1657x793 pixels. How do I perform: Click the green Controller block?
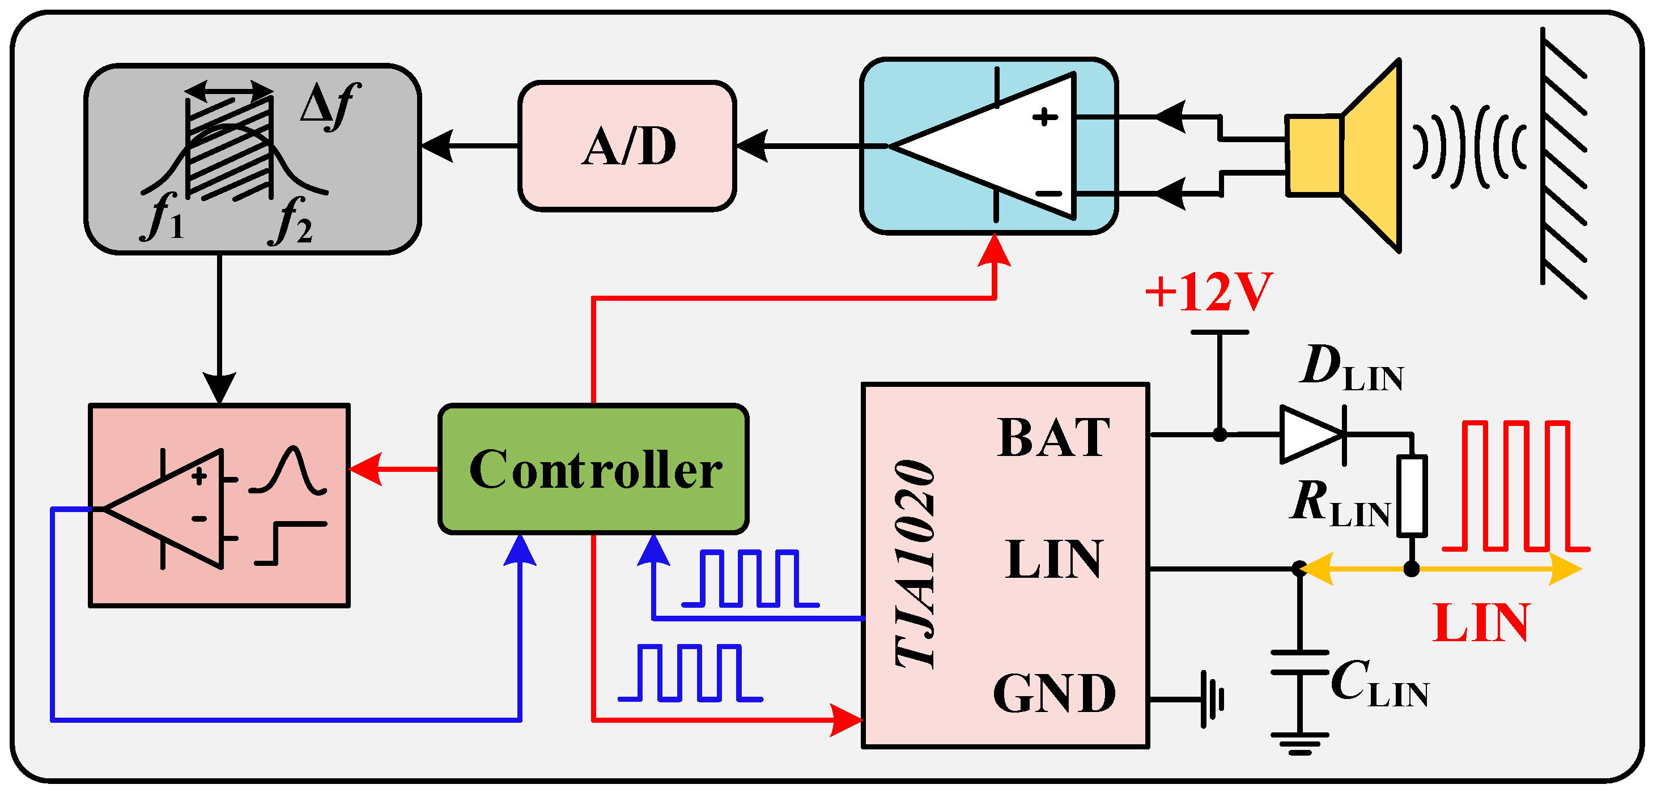(x=593, y=469)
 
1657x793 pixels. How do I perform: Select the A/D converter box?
(x=627, y=146)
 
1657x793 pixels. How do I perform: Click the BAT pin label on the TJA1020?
(x=1053, y=438)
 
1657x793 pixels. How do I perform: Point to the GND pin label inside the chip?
(x=1053, y=693)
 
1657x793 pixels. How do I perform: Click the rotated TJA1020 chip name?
(x=915, y=564)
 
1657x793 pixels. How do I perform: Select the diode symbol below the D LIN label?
(x=1312, y=435)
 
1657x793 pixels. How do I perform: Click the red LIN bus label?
(x=1481, y=623)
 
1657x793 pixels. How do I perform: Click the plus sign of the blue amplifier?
(x=1044, y=117)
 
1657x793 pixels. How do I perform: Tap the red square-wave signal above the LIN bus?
(x=1515, y=485)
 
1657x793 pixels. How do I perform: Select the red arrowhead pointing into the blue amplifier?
(x=995, y=251)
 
